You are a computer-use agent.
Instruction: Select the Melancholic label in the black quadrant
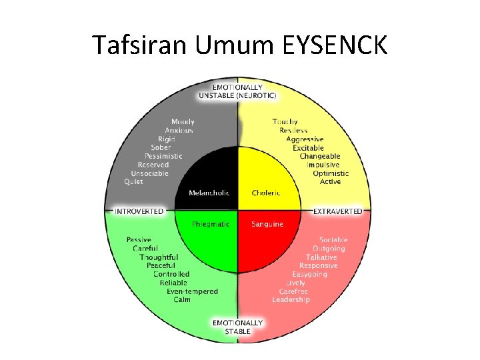[x=209, y=193]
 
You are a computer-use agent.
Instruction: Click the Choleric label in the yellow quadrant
[x=266, y=193]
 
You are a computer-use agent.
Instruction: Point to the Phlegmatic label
[x=211, y=224]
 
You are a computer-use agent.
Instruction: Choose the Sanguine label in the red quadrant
[x=267, y=224]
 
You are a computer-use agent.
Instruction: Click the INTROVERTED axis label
[x=139, y=211]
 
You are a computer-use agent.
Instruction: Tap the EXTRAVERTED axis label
[x=338, y=211]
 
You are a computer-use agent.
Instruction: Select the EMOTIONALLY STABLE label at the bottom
[x=237, y=327]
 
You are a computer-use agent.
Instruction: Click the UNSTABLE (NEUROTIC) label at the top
[x=237, y=95]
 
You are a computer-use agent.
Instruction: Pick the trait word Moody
[x=183, y=121]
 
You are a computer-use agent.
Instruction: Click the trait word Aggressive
[x=305, y=139]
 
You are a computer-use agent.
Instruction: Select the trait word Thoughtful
[x=159, y=257]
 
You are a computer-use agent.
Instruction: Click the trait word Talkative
[x=321, y=257]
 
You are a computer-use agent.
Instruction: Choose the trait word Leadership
[x=291, y=300]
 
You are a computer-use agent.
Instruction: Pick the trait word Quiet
[x=133, y=182]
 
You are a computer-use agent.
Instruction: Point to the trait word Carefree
[x=293, y=291]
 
